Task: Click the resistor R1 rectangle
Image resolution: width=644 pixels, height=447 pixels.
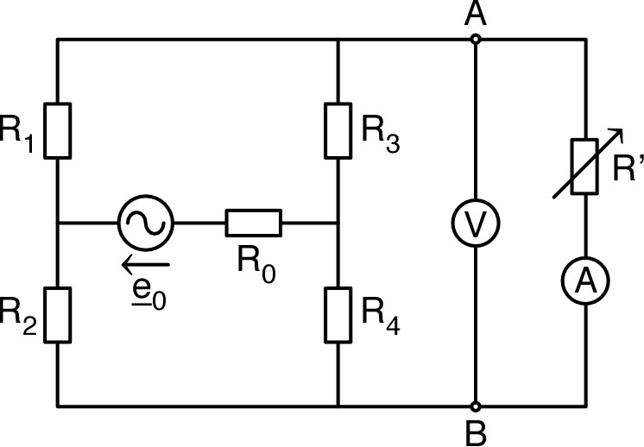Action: coord(57,130)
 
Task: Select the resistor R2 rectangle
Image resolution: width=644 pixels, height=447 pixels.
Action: coord(57,314)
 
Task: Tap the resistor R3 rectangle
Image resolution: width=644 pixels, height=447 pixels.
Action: coord(338,130)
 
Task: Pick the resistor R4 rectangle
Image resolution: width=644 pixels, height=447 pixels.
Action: coord(338,314)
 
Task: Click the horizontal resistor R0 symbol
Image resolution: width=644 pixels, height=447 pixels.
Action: coord(253,223)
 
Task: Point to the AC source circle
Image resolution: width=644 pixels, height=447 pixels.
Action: coord(145,223)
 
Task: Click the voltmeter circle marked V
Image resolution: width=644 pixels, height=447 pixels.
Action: coord(475,223)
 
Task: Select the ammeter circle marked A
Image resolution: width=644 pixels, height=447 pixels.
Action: coord(586,279)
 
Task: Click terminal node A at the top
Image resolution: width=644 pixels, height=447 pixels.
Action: coord(475,39)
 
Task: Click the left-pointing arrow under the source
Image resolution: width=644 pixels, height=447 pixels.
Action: coord(145,263)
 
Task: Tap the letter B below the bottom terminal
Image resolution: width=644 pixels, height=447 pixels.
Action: coord(474,431)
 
